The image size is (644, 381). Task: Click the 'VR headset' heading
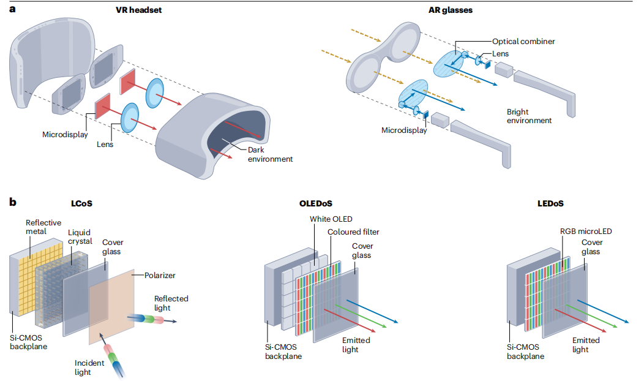(138, 10)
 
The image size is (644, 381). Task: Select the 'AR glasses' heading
(450, 10)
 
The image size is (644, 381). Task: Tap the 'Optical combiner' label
(523, 42)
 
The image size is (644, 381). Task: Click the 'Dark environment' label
(270, 154)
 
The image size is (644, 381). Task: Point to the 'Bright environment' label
(529, 116)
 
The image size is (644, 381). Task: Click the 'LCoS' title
(81, 203)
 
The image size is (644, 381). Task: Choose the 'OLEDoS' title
(315, 203)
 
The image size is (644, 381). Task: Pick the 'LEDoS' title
(550, 203)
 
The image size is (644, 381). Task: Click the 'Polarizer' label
(160, 276)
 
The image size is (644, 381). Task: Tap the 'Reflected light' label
(171, 303)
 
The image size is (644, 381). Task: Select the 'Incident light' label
(89, 368)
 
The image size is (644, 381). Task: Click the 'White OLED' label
(331, 219)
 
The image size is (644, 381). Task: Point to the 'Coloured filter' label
(353, 232)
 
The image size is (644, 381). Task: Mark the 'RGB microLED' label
(586, 232)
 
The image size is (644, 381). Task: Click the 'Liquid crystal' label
(80, 236)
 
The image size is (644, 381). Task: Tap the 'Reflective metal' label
(43, 227)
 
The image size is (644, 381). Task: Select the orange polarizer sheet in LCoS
(111, 307)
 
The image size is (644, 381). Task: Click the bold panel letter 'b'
(13, 202)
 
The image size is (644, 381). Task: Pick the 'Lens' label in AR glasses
(500, 54)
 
